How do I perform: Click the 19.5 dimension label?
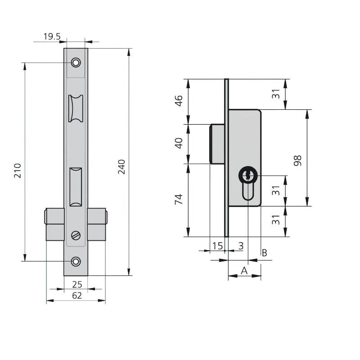[x=52, y=36]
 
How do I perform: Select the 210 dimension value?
[x=18, y=171]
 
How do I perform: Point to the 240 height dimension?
[x=121, y=166]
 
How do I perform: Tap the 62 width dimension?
[x=77, y=296]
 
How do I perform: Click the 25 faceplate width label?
[x=77, y=284]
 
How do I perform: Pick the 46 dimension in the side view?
[x=179, y=101]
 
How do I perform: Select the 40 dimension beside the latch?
[x=179, y=143]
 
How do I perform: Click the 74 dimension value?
[x=179, y=199]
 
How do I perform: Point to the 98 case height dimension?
[x=297, y=161]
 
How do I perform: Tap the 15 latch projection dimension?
[x=217, y=246]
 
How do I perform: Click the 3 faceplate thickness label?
[x=241, y=246]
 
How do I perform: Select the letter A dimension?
[x=244, y=271]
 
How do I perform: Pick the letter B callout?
[x=265, y=253]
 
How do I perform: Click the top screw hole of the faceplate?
[x=76, y=63]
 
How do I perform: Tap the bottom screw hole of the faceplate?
[x=76, y=261]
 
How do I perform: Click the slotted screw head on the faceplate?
[x=76, y=235]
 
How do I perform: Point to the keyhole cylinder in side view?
[x=248, y=184]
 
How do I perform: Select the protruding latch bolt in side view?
[x=217, y=144]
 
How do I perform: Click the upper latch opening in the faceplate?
[x=76, y=108]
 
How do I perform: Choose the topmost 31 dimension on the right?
[x=276, y=94]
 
